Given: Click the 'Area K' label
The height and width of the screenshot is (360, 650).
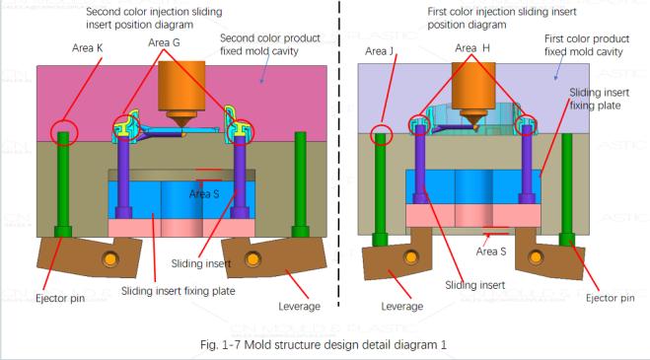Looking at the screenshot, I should click(91, 46).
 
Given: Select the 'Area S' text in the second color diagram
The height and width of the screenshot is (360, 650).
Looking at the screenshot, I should click(206, 194).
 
